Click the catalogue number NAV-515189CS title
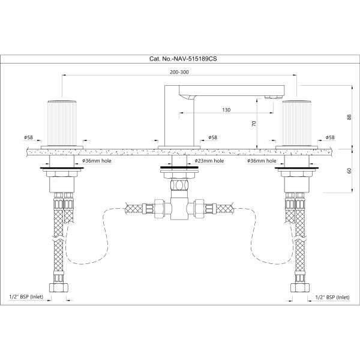click(x=183, y=59)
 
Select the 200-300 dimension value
click(x=179, y=72)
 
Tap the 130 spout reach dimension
click(x=226, y=110)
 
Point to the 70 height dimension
click(x=254, y=124)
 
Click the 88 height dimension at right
click(x=349, y=117)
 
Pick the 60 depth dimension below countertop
click(x=349, y=171)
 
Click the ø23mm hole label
click(x=209, y=161)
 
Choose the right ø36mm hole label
click(x=262, y=161)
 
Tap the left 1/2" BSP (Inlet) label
click(x=26, y=297)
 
